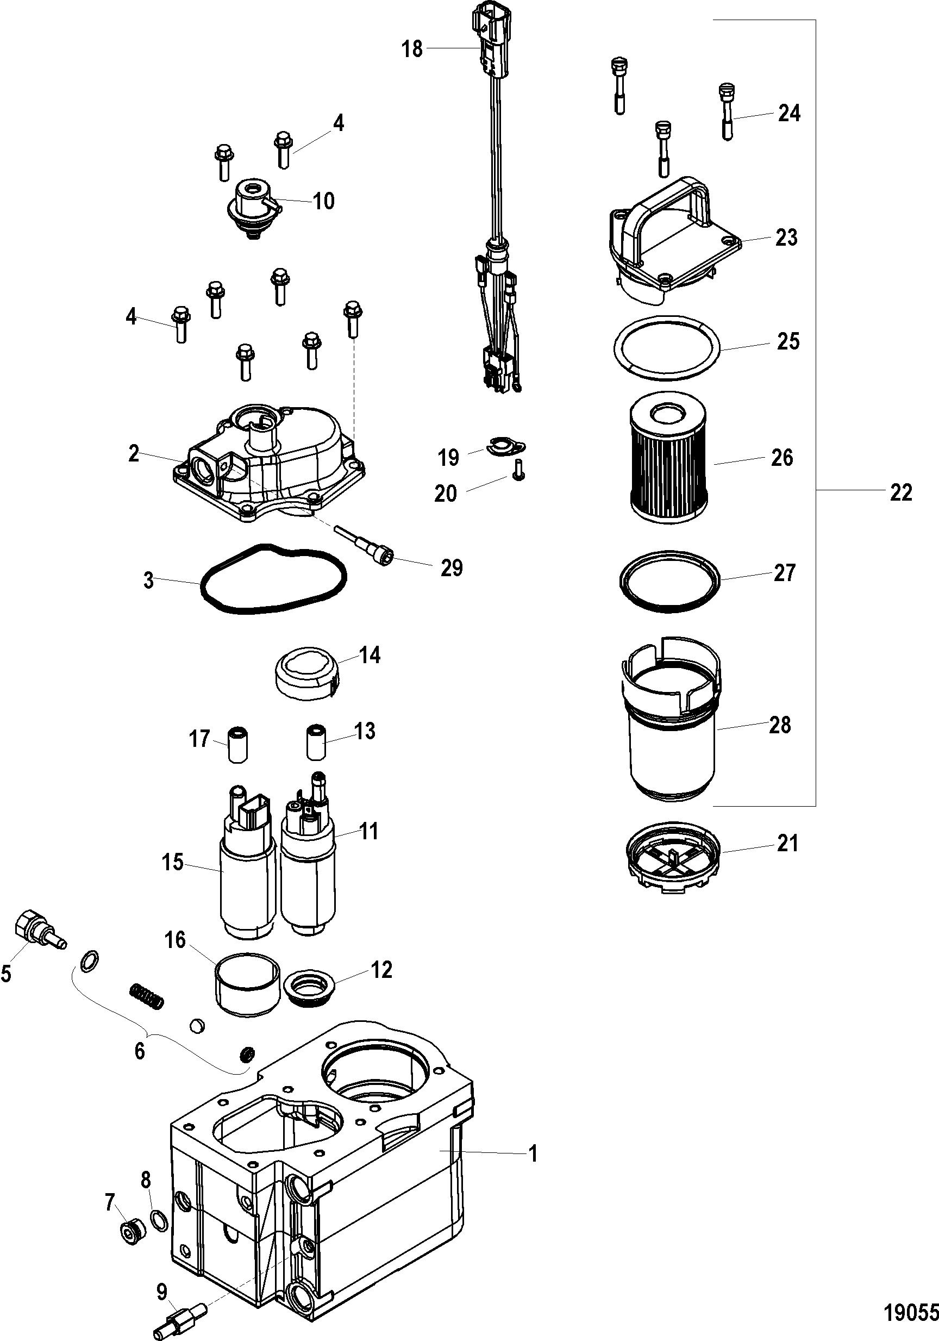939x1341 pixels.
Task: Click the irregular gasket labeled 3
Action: pos(273,579)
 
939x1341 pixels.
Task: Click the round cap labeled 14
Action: pos(307,672)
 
